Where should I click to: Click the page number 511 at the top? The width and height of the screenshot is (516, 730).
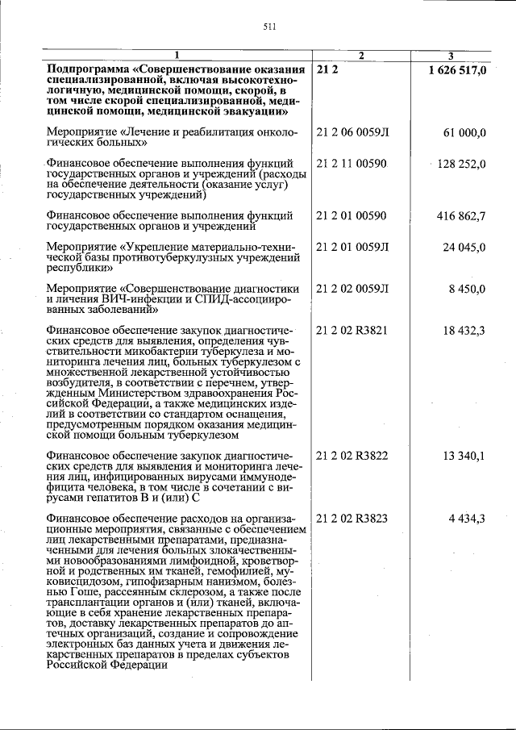[x=270, y=27]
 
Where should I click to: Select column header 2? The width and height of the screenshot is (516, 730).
[x=361, y=56]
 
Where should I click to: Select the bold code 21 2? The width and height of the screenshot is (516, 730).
[x=328, y=71]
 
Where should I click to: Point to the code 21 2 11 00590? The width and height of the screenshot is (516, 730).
[x=352, y=165]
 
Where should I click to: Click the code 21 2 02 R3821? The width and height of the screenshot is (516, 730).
[x=353, y=331]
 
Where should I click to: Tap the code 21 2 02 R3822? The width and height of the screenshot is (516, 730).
[x=353, y=456]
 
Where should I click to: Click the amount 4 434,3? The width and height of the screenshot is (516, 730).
[x=467, y=518]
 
